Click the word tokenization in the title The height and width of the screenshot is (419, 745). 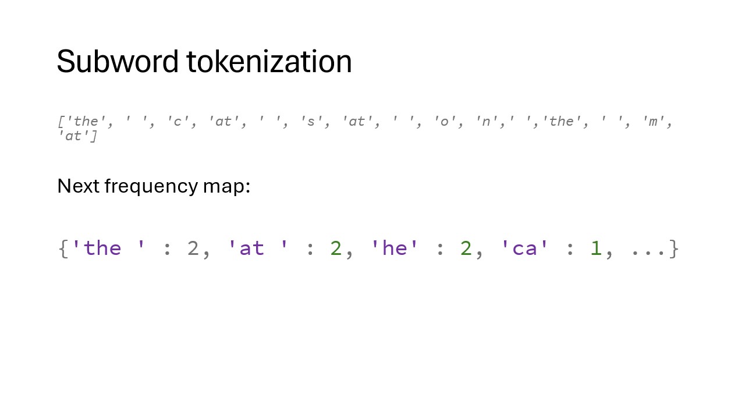269,62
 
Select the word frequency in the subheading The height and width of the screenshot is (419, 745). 151,186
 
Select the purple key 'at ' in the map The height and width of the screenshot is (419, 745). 257,248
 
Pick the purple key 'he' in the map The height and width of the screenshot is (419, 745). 395,248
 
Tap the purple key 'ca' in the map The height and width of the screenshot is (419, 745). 524,248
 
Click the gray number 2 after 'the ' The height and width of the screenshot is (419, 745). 193,248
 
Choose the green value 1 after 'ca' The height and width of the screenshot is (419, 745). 595,248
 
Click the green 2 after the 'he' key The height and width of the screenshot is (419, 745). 466,248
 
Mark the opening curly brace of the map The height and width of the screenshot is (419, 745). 63,248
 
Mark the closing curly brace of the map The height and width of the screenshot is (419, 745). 674,248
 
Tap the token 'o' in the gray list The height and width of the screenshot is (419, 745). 445,122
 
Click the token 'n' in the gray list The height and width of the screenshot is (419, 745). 485,122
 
